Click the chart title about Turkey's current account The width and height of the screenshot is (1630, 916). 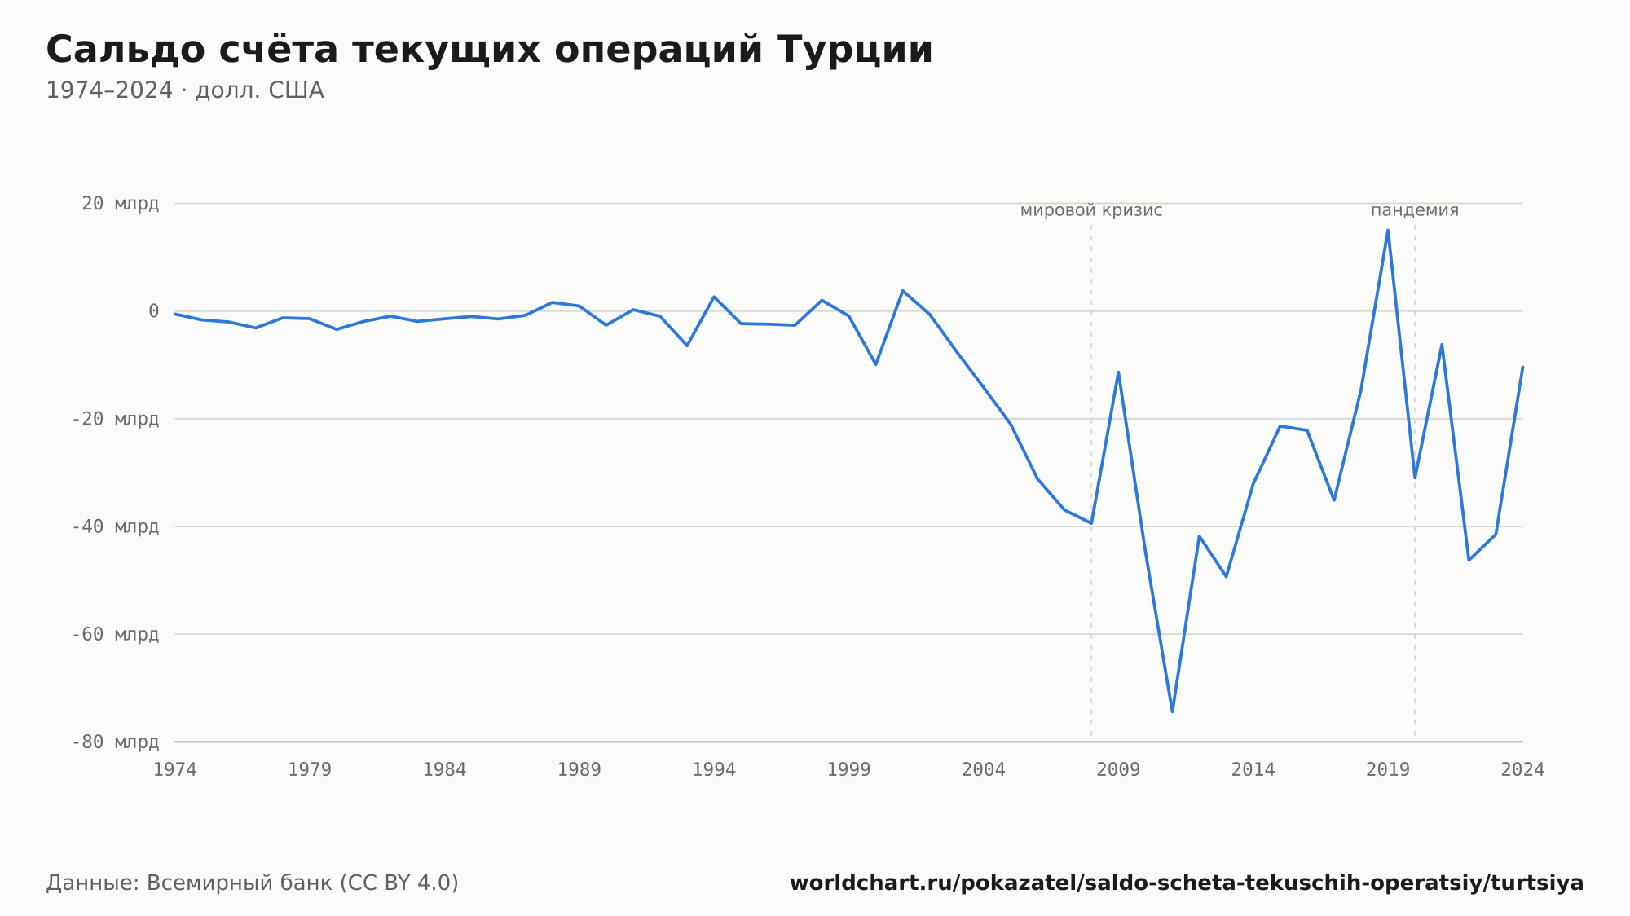pos(489,51)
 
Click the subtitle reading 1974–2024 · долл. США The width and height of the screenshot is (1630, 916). pos(185,90)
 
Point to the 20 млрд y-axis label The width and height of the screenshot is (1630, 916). pos(120,204)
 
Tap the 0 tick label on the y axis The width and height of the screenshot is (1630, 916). pos(153,311)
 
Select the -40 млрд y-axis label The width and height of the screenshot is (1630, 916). pos(115,526)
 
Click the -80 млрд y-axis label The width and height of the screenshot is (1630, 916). pos(115,742)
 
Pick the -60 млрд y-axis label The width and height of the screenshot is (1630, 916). pos(115,634)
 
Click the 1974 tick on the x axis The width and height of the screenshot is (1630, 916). pos(175,770)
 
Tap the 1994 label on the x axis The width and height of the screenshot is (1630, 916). pos(714,770)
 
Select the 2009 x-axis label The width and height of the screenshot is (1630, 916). pos(1118,770)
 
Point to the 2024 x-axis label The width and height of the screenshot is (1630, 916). pos(1522,770)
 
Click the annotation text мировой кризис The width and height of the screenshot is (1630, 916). pos(1091,210)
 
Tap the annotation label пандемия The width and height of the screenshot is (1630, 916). pos(1415,210)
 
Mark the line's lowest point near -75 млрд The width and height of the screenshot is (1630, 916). pos(1172,711)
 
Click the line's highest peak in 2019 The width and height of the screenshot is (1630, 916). pos(1388,230)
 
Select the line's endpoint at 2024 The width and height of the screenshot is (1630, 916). pos(1522,367)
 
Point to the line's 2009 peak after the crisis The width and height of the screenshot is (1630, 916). pos(1118,372)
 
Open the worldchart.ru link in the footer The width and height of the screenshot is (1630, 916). pos(1187,883)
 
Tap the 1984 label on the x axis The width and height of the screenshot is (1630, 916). pos(444,770)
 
